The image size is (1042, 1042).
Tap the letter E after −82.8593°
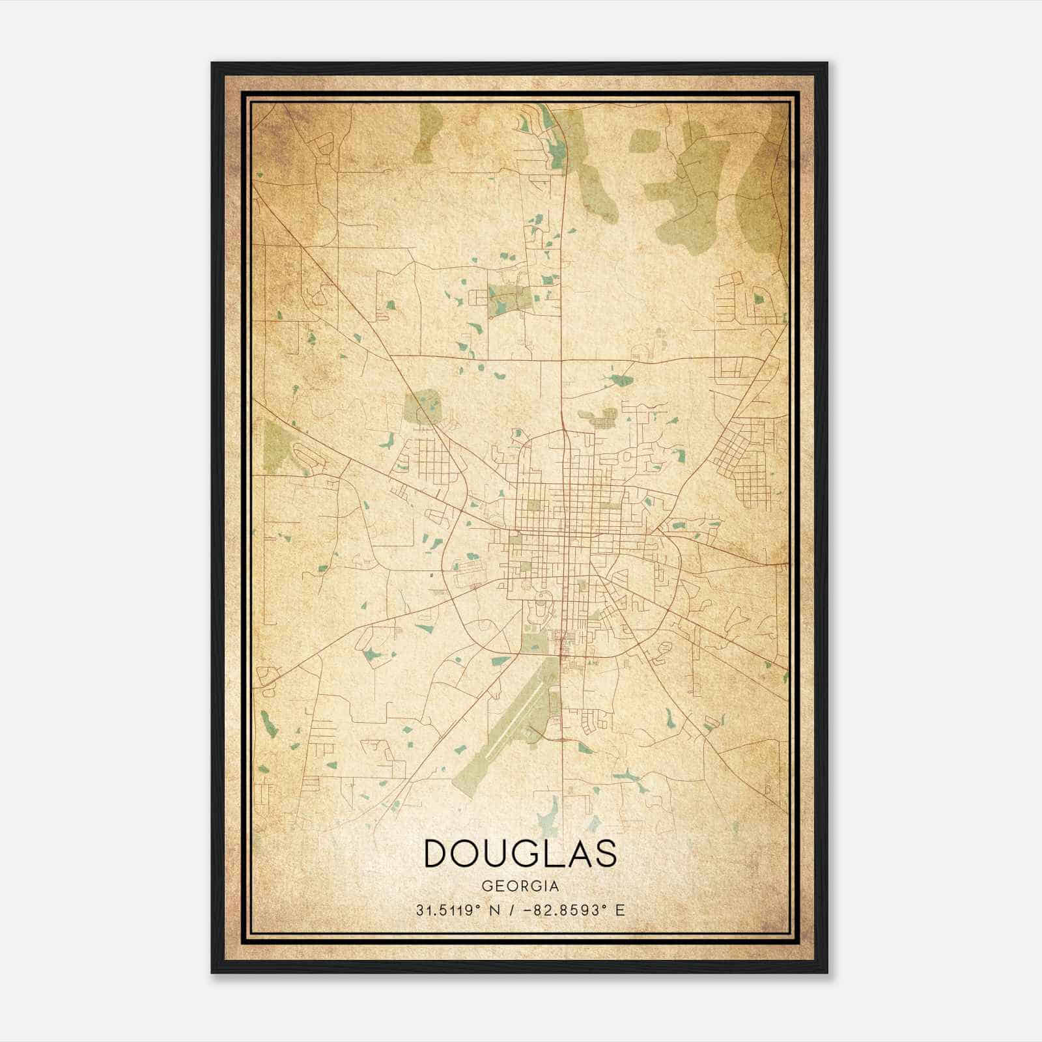click(620, 910)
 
